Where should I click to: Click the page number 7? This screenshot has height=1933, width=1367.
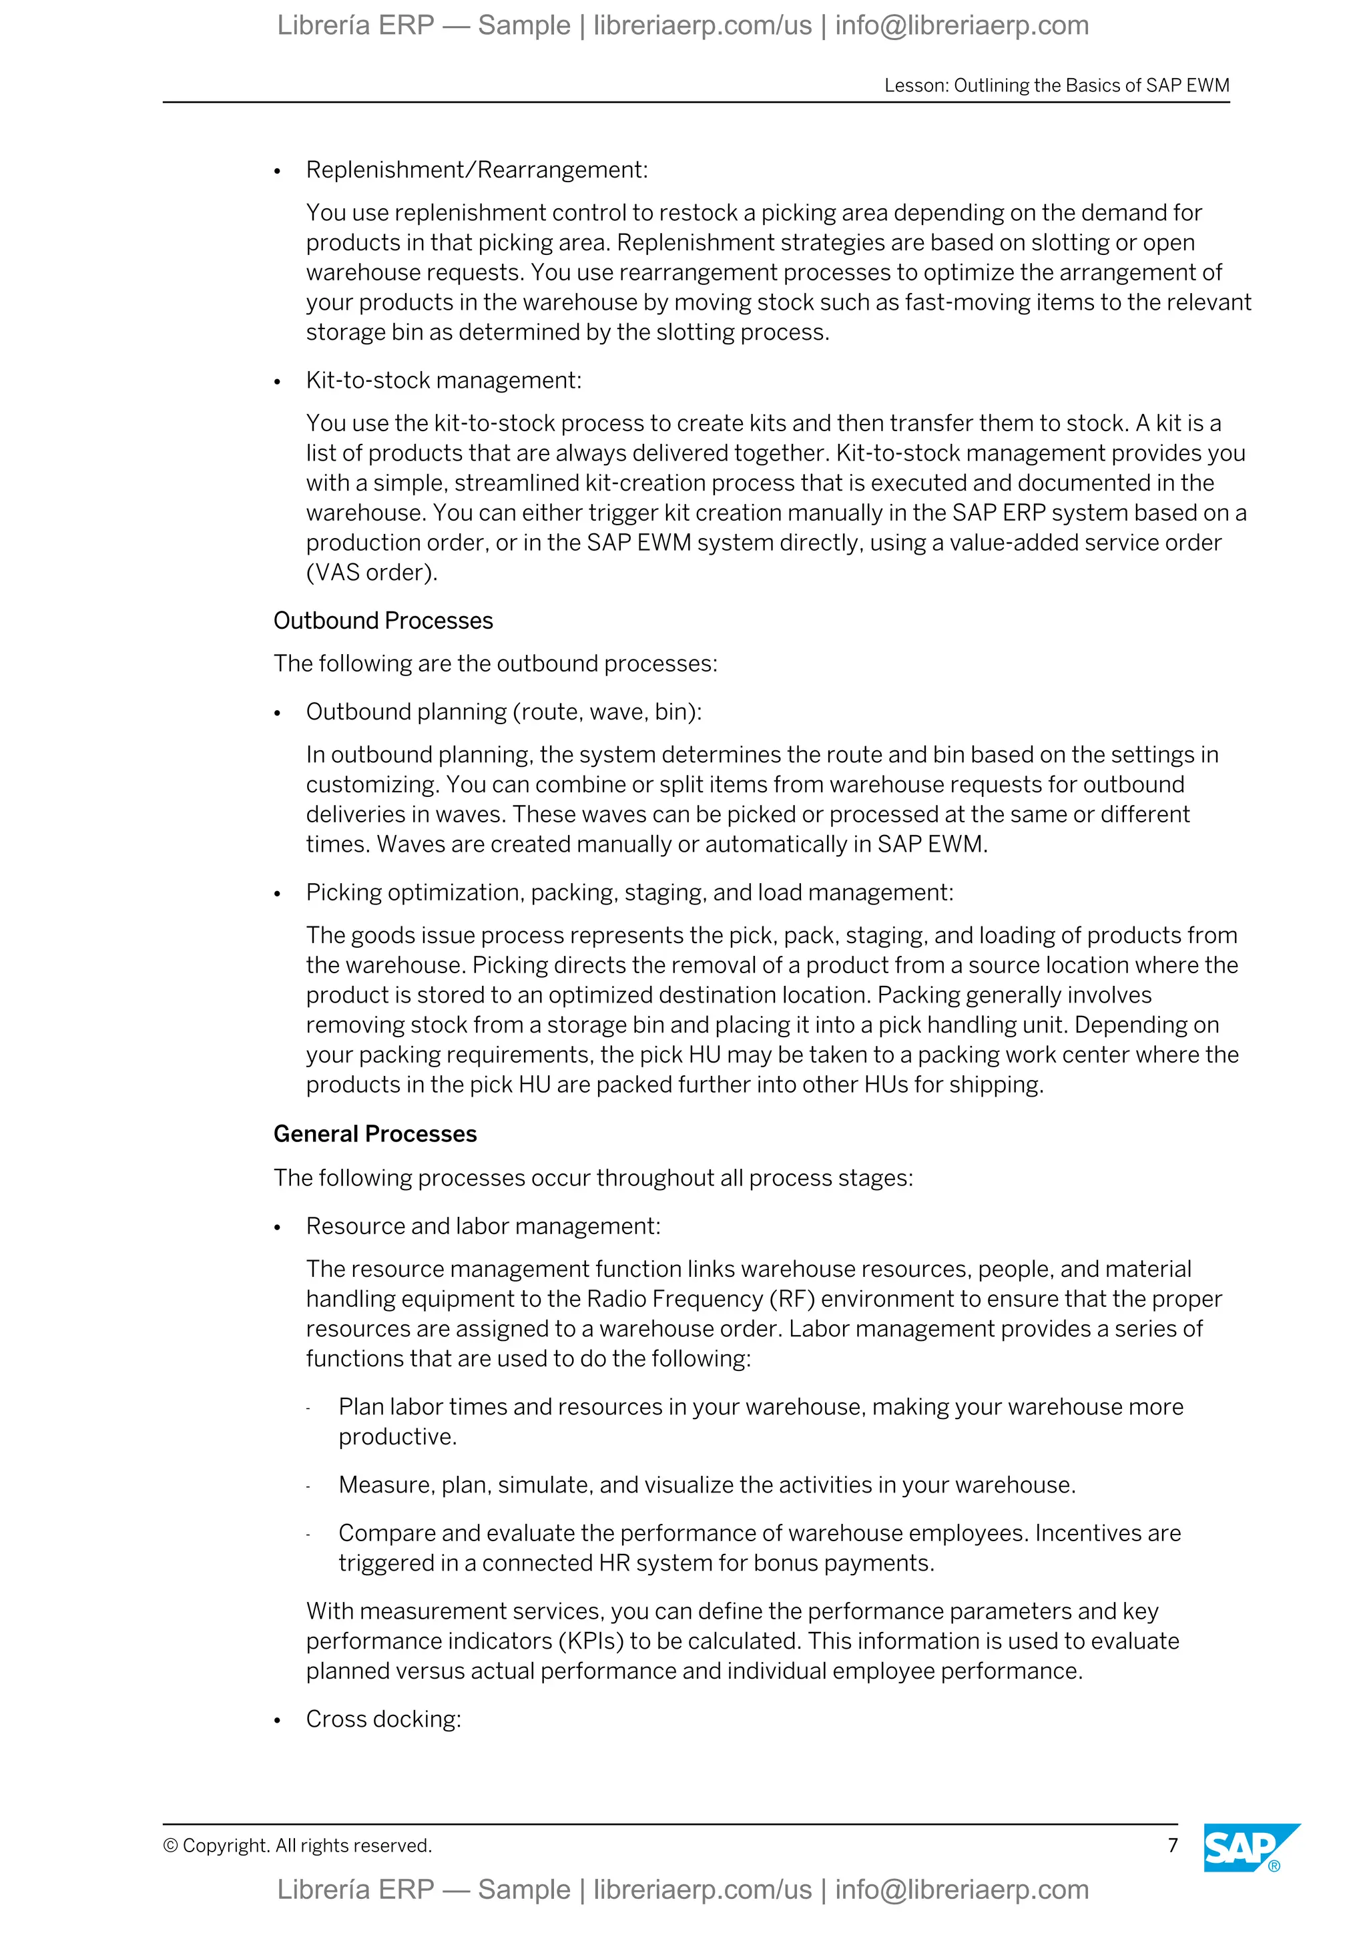tap(1173, 1845)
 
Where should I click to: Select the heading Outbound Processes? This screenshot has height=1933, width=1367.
tap(383, 621)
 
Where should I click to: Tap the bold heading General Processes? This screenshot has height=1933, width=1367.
tap(374, 1134)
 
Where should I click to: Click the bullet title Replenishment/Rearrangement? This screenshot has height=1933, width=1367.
tap(477, 170)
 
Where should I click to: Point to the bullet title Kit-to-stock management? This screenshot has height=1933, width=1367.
tap(444, 380)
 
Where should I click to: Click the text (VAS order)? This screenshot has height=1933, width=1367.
tap(371, 573)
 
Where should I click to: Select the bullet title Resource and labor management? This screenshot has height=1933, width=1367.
tap(483, 1225)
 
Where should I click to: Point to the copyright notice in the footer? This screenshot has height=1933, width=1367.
tap(297, 1846)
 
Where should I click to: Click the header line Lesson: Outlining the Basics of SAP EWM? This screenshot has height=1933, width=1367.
tap(1057, 85)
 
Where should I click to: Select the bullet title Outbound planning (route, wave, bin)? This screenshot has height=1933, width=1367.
tap(503, 712)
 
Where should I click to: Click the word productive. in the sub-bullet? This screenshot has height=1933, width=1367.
tap(397, 1436)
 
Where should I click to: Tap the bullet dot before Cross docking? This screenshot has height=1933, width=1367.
tap(277, 1721)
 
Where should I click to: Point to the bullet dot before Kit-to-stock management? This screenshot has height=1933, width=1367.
tap(277, 383)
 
